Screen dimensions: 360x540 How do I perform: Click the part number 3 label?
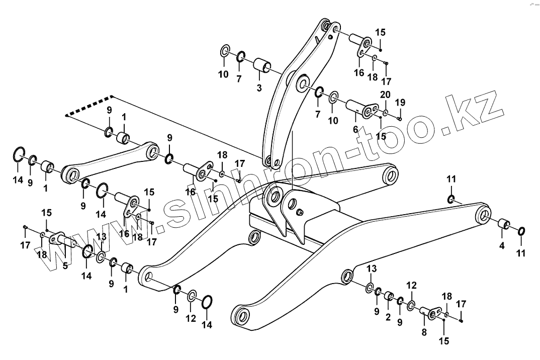point(258,88)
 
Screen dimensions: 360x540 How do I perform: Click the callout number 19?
point(400,103)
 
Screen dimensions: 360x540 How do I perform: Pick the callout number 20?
point(385,96)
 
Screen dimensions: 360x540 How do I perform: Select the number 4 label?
point(501,246)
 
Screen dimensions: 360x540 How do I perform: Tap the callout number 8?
point(423,332)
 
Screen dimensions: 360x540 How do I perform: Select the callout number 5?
point(65,265)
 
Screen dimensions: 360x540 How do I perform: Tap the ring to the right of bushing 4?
point(521,231)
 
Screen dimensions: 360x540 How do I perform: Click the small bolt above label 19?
point(399,119)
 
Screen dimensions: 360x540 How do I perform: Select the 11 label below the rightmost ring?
point(521,253)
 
